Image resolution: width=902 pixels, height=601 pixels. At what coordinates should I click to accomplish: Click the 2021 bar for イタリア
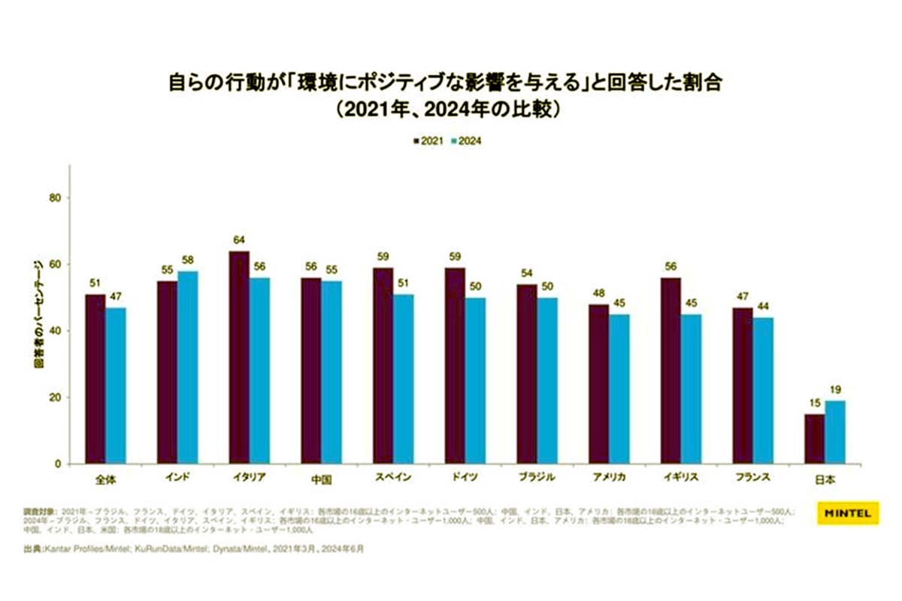pos(238,358)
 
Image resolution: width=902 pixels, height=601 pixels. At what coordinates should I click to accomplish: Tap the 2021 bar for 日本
pos(814,439)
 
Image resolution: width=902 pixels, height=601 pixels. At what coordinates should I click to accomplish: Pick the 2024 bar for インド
pos(187,367)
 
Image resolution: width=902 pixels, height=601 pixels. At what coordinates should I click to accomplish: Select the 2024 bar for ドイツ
pos(475,381)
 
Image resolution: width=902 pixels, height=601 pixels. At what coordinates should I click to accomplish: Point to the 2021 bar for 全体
pos(95,379)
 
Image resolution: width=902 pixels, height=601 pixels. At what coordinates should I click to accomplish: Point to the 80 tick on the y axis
pos(54,198)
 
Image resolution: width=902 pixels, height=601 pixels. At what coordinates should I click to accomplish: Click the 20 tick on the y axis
pos(54,397)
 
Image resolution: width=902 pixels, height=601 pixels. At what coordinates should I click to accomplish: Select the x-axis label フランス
pos(752,478)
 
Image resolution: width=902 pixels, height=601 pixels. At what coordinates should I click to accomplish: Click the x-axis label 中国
pos(322,479)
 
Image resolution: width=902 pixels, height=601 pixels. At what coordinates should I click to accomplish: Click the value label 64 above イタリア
pos(238,241)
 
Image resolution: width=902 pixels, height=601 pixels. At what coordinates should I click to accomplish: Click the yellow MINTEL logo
pos(846,515)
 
